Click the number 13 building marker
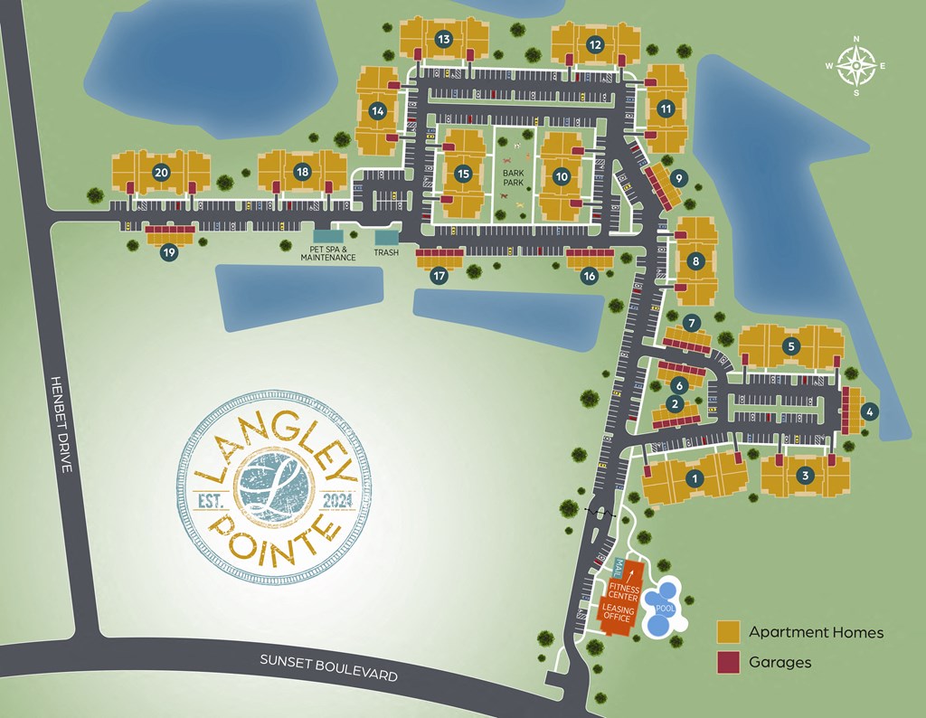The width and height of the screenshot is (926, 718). [x=443, y=39]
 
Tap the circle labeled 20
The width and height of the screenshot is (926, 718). [x=162, y=172]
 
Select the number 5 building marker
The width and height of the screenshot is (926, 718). [x=791, y=345]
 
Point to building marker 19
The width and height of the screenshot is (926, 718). [x=169, y=253]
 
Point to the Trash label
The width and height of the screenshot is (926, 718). [x=386, y=252]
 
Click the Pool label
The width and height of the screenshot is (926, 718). [x=665, y=608]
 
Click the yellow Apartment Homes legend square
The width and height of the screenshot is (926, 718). [x=730, y=632]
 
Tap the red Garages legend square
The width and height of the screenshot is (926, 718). [x=730, y=662]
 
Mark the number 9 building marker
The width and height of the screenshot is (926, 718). [x=679, y=177]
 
